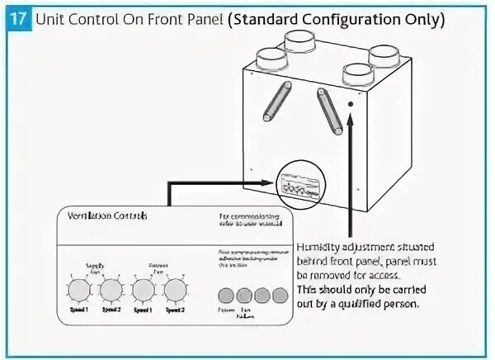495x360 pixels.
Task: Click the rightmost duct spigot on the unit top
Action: pos(386,54)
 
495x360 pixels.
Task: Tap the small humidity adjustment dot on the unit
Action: pos(350,105)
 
